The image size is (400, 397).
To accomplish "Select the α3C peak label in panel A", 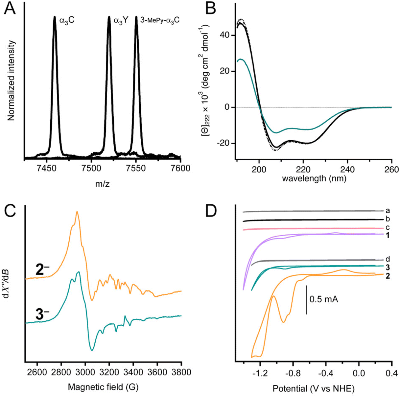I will tap(67, 20).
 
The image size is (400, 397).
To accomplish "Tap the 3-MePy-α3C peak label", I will tap(160, 20).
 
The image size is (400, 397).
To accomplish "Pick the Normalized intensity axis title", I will tap(12, 81).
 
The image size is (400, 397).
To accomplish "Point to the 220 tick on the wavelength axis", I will tap(303, 170).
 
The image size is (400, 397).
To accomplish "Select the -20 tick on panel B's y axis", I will tap(225, 143).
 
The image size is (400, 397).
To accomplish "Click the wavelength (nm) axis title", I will tap(314, 179).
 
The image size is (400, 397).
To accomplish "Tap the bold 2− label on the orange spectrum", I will tap(42, 270).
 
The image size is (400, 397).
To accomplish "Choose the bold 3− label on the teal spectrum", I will tap(42, 315).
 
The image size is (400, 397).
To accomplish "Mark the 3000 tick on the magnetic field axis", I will tap(85, 372).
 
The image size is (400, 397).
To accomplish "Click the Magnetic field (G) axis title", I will tap(103, 387).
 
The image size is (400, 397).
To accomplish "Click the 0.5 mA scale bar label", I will tap(324, 299).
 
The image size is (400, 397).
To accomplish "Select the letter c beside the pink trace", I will tap(388, 227).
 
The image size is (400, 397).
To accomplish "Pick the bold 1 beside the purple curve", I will tap(388, 235).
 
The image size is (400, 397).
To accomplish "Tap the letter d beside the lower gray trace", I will tap(388, 259).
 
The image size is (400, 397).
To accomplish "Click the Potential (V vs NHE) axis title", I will tap(314, 389).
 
